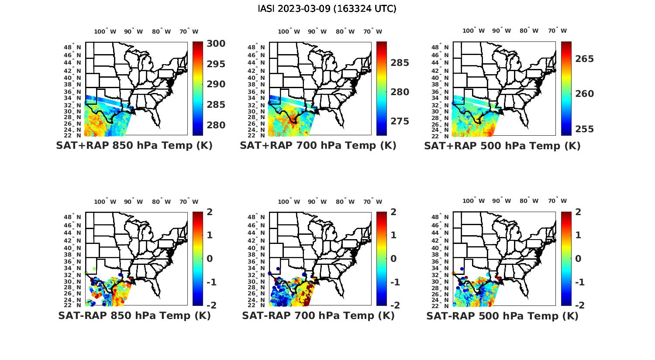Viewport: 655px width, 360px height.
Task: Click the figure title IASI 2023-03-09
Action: pyautogui.click(x=327, y=8)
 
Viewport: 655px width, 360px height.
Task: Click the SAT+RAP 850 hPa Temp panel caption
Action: pyautogui.click(x=134, y=145)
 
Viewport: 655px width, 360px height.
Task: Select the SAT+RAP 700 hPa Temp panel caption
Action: pyautogui.click(x=318, y=145)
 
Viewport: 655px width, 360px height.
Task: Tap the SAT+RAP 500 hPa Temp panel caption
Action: pyautogui.click(x=502, y=146)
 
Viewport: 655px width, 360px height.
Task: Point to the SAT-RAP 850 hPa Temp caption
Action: pyautogui.click(x=134, y=315)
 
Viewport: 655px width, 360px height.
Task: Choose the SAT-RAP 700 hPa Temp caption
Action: pyautogui.click(x=318, y=315)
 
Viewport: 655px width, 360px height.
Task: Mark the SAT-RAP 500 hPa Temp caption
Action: pyautogui.click(x=502, y=316)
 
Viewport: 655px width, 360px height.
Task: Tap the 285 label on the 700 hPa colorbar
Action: pyautogui.click(x=400, y=63)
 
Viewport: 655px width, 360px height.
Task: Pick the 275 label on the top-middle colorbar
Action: pyautogui.click(x=400, y=121)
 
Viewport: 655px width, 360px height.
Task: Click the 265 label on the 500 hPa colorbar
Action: pyautogui.click(x=584, y=59)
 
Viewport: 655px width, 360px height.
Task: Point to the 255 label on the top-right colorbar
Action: pyautogui.click(x=584, y=129)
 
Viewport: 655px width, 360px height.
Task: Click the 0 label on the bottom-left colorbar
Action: pyautogui.click(x=209, y=258)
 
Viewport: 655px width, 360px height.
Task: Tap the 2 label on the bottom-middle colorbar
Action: pyautogui.click(x=393, y=212)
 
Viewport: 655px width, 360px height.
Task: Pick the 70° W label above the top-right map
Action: pyautogui.click(x=557, y=31)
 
